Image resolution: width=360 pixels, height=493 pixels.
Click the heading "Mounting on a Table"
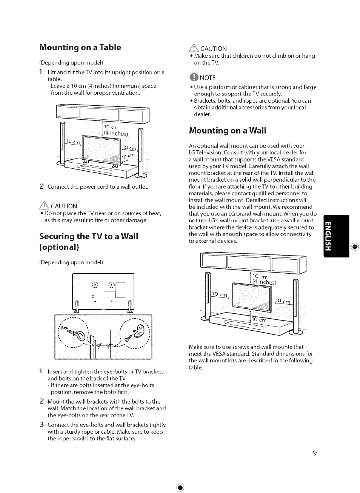80,48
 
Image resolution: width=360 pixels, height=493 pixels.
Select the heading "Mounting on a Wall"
227,131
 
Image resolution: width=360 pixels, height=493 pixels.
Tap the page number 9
314,453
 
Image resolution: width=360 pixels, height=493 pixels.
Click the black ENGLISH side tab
336,236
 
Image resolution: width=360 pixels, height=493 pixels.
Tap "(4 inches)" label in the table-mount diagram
116,133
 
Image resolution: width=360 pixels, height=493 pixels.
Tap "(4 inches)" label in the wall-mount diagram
265,282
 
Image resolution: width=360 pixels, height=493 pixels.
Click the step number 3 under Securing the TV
42,425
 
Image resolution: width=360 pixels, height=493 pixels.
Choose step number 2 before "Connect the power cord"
42,186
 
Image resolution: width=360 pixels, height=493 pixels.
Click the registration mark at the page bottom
180,487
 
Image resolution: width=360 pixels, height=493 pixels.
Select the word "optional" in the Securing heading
59,247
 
